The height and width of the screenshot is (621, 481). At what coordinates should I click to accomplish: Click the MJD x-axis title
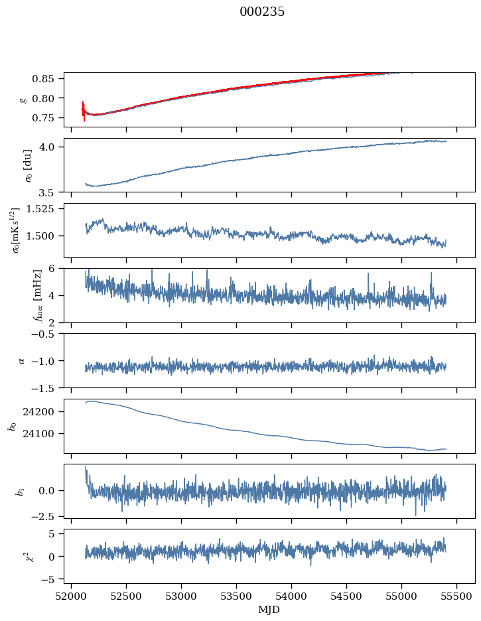click(x=269, y=610)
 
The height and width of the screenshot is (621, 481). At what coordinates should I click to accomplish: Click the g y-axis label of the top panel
click(x=25, y=99)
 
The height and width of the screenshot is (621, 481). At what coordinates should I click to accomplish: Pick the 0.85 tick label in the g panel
click(x=50, y=79)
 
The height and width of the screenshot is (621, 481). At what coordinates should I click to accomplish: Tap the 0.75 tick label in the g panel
click(x=50, y=118)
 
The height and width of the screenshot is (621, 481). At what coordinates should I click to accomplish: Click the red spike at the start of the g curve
click(x=84, y=110)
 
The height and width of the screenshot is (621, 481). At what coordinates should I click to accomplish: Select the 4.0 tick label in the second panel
click(x=53, y=147)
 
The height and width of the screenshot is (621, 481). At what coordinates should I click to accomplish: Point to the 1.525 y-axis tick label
click(x=46, y=209)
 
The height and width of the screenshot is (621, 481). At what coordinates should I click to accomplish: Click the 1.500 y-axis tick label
click(x=46, y=236)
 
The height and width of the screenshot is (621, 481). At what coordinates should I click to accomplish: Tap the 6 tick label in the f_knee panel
click(x=57, y=269)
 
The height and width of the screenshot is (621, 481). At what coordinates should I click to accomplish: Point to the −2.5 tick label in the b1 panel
click(x=48, y=516)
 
